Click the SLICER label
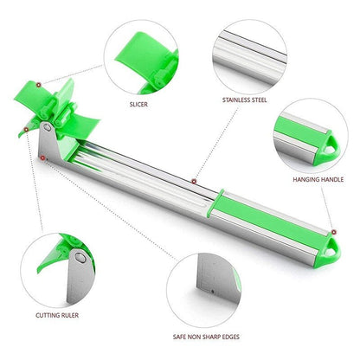(138, 104)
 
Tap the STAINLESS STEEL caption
(245, 100)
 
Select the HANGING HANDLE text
(318, 179)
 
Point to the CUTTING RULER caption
(57, 315)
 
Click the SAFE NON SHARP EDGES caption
(206, 337)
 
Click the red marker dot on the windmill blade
(38, 85)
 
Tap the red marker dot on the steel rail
(194, 181)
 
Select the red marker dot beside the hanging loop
(334, 232)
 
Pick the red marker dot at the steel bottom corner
(42, 157)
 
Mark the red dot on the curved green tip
(26, 130)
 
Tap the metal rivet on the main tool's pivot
(47, 127)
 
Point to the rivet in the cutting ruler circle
(80, 257)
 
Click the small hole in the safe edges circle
(213, 292)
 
